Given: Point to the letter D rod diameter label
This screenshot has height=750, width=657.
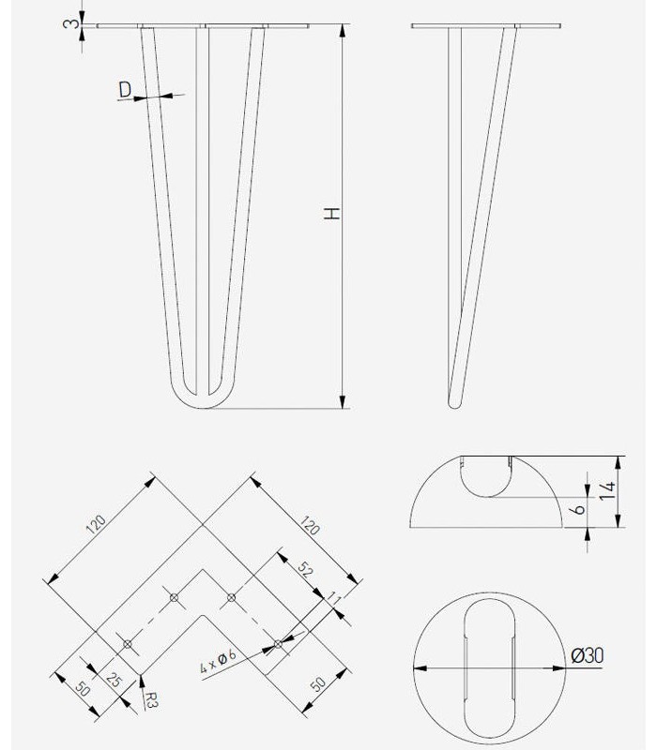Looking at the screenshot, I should [125, 90].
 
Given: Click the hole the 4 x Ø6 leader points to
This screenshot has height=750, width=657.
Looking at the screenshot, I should [278, 643].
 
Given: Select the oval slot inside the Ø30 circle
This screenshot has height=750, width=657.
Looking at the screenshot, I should [488, 667].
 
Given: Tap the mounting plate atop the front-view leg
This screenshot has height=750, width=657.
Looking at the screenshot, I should [203, 25].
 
